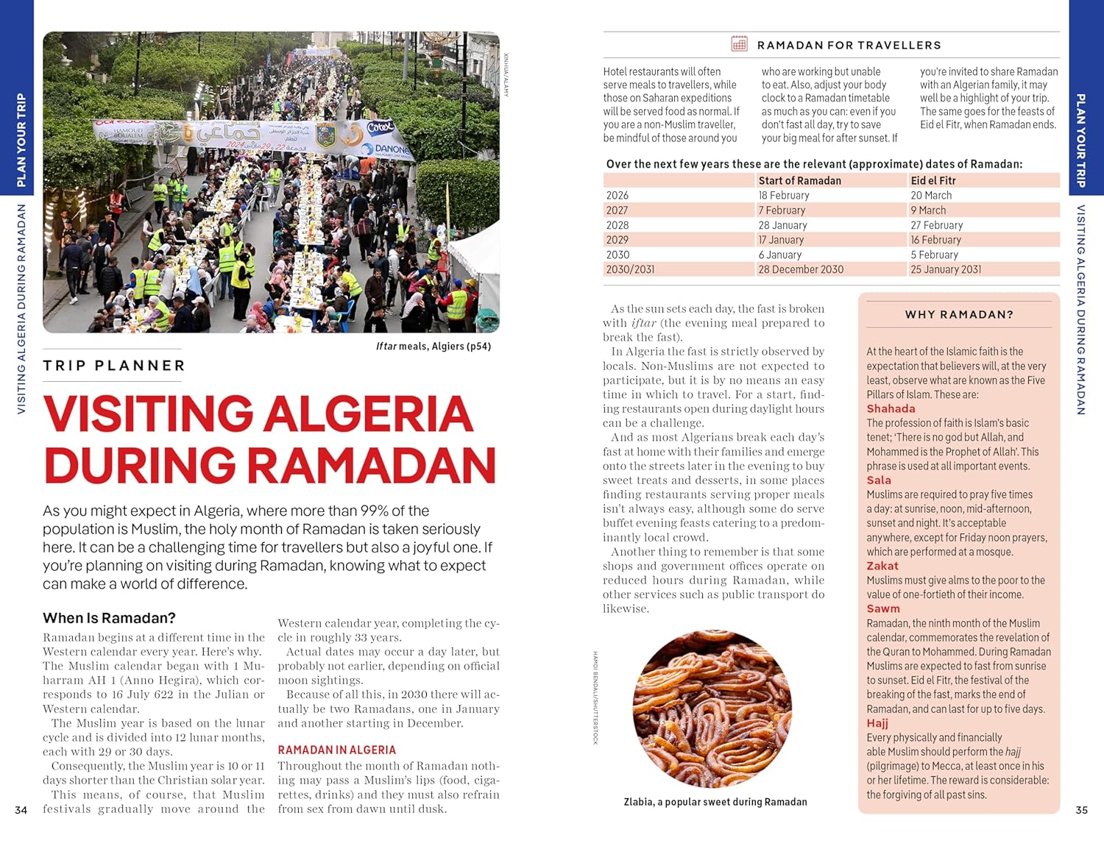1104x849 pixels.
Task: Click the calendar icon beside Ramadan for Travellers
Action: point(739,44)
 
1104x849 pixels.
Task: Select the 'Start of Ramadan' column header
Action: point(799,180)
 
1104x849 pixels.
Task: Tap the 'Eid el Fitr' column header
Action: point(933,180)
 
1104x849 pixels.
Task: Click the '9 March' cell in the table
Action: point(927,210)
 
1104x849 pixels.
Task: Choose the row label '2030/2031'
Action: point(630,269)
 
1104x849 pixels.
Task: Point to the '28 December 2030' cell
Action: point(801,269)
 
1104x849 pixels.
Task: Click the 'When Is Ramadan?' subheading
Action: point(109,618)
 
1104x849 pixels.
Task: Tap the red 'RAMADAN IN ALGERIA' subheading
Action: point(336,750)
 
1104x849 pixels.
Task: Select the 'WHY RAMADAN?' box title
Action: point(959,314)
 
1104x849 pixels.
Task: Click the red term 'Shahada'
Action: point(891,408)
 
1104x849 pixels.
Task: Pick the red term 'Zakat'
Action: point(882,566)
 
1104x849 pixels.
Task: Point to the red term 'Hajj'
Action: point(877,722)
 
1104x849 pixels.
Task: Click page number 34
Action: point(21,810)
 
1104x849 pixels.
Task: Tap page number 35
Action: point(1081,810)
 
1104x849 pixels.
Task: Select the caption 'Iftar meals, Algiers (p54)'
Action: point(433,346)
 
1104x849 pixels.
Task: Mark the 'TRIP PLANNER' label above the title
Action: point(114,366)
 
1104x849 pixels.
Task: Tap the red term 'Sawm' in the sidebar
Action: point(883,608)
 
